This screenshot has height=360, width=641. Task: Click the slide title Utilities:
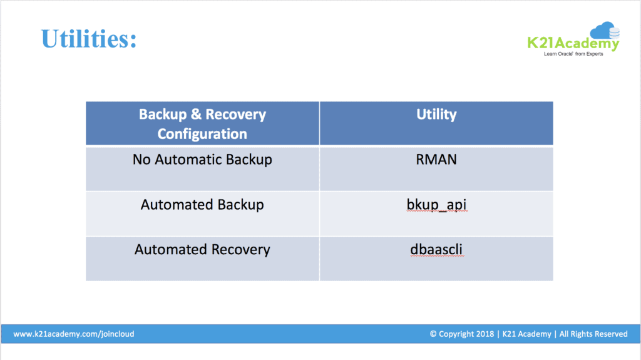[89, 39]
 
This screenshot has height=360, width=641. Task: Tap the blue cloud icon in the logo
[605, 30]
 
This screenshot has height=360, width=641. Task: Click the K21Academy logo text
[573, 43]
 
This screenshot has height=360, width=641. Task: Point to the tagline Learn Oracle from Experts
[573, 54]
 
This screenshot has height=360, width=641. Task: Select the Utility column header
[436, 115]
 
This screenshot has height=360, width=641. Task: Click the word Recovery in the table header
[235, 115]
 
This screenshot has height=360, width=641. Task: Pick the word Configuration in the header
[202, 134]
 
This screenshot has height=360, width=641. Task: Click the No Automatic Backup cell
[202, 160]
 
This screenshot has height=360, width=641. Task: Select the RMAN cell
[436, 160]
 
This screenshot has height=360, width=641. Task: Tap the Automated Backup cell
[202, 205]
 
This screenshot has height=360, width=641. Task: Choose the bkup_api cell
[436, 205]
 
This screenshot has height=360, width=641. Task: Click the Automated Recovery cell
[202, 250]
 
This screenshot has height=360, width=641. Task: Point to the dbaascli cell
[436, 250]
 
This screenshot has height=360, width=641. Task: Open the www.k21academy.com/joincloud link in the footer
[74, 334]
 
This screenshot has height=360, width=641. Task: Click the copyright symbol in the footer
[433, 334]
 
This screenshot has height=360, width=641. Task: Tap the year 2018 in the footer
[485, 334]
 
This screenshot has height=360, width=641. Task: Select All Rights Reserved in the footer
[593, 334]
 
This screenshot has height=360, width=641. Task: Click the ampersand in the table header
[196, 115]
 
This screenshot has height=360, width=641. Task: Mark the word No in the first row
[141, 160]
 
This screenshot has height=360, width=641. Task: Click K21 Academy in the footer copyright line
[526, 334]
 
